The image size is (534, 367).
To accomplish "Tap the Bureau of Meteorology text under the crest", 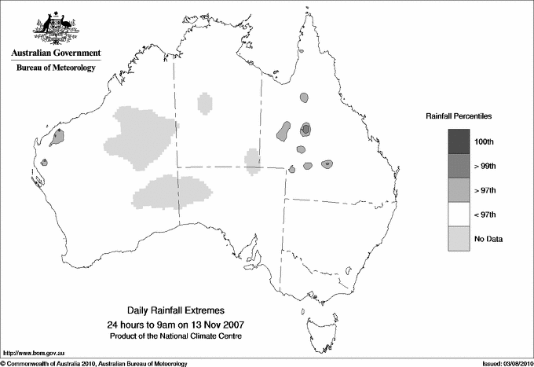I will (56, 68).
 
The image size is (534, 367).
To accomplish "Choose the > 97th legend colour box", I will (459, 189).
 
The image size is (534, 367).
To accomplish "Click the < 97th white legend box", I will (459, 214).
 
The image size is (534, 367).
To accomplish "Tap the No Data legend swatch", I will (459, 238).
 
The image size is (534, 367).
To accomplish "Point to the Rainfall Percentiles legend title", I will (459, 116).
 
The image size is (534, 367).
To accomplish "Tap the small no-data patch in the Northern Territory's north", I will (205, 102).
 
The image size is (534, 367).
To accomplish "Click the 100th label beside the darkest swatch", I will (485, 141).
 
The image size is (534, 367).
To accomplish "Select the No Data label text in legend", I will (488, 238).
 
